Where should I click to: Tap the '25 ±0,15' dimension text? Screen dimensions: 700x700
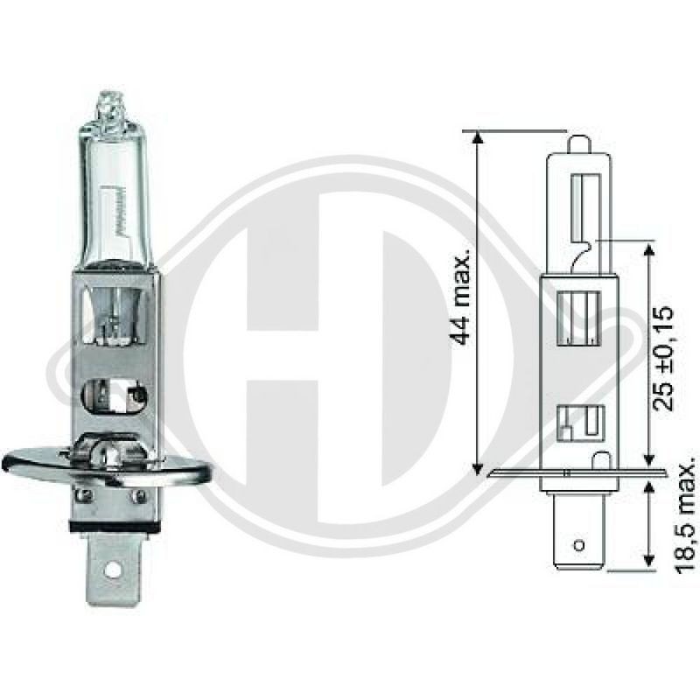pos(662,358)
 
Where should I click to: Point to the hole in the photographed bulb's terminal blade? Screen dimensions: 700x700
pos(115,570)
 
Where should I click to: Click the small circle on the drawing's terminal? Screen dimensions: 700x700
pos(579,545)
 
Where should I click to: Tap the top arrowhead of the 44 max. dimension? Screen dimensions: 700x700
pos(478,137)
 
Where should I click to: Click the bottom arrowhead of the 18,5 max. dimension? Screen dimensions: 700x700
pos(650,561)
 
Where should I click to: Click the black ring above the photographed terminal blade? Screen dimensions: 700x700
pos(115,526)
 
